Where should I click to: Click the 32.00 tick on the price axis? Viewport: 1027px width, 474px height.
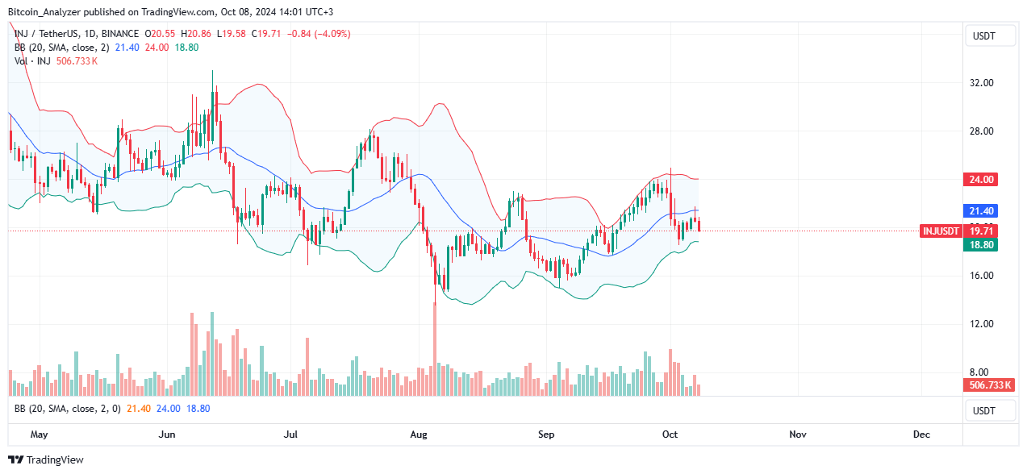[x=981, y=83]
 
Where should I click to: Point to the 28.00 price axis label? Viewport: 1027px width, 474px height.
[x=981, y=131]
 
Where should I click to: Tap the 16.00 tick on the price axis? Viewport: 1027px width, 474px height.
[x=981, y=276]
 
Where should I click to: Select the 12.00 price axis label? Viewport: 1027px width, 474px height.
[x=981, y=324]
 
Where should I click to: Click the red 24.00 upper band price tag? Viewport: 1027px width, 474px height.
[x=981, y=180]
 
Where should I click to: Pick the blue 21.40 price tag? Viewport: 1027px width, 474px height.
[x=981, y=211]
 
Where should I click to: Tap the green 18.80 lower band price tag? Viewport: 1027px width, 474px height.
[x=981, y=244]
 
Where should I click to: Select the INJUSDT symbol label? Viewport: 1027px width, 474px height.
[x=941, y=231]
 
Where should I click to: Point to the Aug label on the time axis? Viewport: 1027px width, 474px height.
[x=419, y=434]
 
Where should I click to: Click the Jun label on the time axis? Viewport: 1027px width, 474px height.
[x=167, y=434]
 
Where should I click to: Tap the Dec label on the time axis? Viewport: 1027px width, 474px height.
[x=921, y=434]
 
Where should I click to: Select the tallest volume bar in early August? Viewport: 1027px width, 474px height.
[x=435, y=347]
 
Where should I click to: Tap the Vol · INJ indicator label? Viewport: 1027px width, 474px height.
[x=31, y=60]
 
